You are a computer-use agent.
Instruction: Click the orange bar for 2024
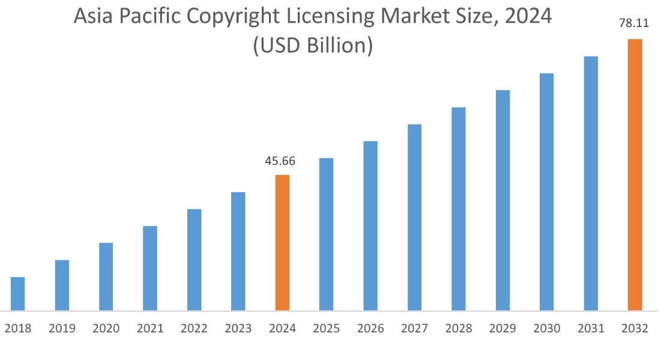pyautogui.click(x=282, y=242)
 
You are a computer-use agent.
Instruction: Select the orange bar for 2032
pyautogui.click(x=635, y=175)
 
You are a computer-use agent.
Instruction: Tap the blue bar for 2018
pyautogui.click(x=18, y=293)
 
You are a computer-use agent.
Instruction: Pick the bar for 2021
pyautogui.click(x=150, y=268)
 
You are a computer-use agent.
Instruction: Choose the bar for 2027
pyautogui.click(x=414, y=217)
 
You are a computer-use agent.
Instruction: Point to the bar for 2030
pyautogui.click(x=546, y=192)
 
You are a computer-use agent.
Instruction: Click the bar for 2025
pyautogui.click(x=326, y=234)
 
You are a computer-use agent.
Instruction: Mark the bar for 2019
pyautogui.click(x=62, y=285)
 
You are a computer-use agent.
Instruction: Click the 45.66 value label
pyautogui.click(x=280, y=161)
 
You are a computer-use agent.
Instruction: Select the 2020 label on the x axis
pyautogui.click(x=106, y=329)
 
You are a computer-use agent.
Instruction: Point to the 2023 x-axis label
pyautogui.click(x=238, y=329)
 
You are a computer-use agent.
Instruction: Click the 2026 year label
pyautogui.click(x=370, y=329)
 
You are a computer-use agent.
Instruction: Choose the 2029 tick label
pyautogui.click(x=503, y=329)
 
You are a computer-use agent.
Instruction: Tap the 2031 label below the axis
pyautogui.click(x=591, y=329)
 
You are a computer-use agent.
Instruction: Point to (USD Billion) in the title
pyautogui.click(x=313, y=46)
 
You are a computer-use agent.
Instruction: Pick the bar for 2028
pyautogui.click(x=459, y=209)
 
